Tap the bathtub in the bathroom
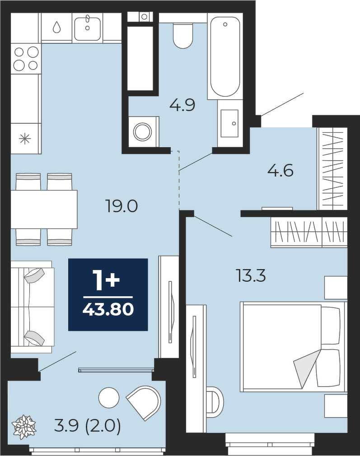coord(224,56)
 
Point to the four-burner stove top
coord(26,58)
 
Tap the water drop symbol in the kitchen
coord(57,28)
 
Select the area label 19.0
coord(122,206)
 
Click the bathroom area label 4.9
coord(182,105)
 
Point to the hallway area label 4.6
coord(280,171)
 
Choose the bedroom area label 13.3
coord(251,275)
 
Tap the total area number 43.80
coord(108,309)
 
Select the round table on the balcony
coord(109,398)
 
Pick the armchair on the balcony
coord(144,402)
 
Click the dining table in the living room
coord(44,209)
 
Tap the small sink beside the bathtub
coord(230,123)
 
